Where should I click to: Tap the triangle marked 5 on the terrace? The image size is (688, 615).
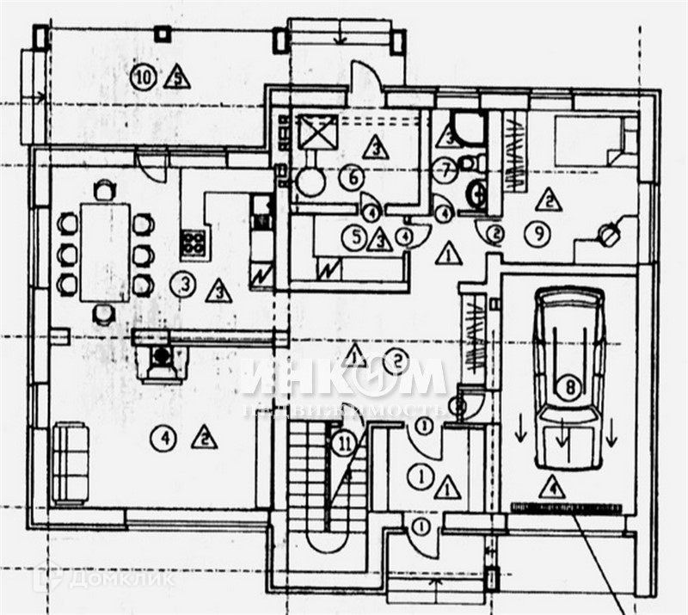tap(177, 78)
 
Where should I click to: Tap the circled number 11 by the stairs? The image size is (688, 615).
tap(345, 445)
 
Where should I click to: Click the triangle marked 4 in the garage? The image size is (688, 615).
tap(554, 488)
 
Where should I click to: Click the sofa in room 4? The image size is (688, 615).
tap(70, 463)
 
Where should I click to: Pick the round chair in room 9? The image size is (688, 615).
tap(609, 232)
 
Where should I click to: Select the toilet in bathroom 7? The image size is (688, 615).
tap(468, 163)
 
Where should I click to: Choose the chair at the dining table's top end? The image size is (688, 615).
tap(104, 188)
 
